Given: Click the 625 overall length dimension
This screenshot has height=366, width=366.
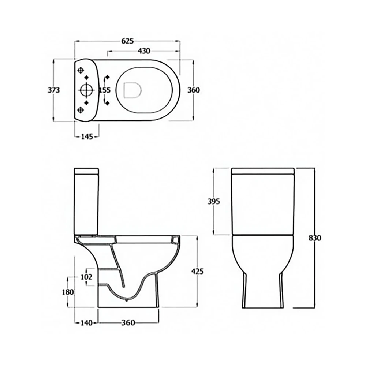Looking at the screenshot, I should click(127, 41).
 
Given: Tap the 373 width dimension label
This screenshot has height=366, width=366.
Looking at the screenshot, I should click(54, 90).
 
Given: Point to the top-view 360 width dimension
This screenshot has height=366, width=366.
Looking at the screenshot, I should click(194, 90).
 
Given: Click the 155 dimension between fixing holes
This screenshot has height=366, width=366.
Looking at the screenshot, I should click(105, 90).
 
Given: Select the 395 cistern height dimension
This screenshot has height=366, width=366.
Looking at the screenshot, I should click(213, 201).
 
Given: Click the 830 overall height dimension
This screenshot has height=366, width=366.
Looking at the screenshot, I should click(314, 238).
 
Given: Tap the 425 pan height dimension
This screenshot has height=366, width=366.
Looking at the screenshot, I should click(197, 271).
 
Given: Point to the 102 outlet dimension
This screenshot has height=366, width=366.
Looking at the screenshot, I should click(86, 277).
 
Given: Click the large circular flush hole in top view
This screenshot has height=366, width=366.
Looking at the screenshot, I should click(86, 90).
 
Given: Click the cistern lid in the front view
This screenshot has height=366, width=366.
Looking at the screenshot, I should click(263, 171).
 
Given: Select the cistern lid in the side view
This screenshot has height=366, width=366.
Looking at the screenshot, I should click(86, 171).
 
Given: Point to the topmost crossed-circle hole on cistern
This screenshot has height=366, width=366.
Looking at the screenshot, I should click(81, 70).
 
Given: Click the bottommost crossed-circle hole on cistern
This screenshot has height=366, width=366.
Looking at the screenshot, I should click(81, 109).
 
